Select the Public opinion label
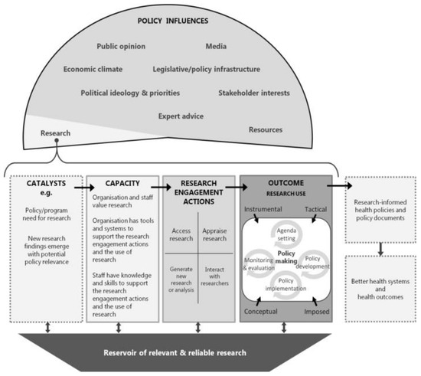coord(121,46)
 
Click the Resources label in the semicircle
coord(266,130)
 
